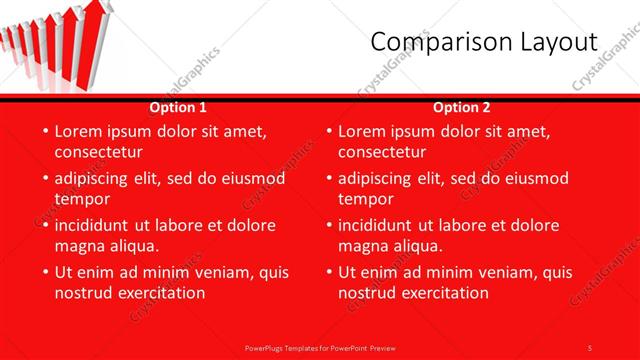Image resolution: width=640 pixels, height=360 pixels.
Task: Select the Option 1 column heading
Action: click(x=178, y=107)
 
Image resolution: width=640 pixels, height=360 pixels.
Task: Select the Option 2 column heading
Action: click(x=462, y=107)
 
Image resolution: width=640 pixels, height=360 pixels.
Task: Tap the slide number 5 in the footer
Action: click(x=590, y=347)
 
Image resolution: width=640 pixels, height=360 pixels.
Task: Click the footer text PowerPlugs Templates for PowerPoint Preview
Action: click(x=320, y=347)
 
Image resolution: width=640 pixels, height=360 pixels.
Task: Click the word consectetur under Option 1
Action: click(x=98, y=152)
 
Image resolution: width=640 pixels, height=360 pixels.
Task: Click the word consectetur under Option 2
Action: click(x=382, y=152)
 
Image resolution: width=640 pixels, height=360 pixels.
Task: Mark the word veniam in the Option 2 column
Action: click(x=509, y=272)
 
